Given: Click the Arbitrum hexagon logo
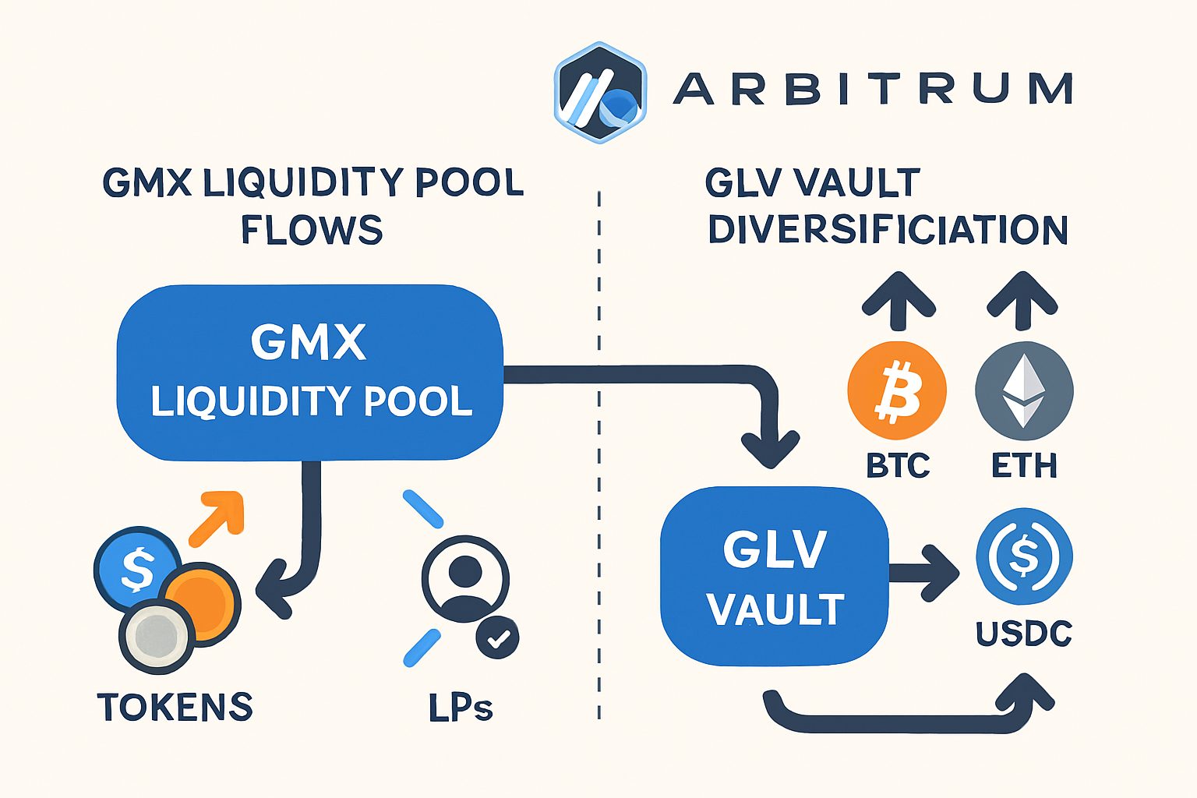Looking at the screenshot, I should click(x=600, y=92).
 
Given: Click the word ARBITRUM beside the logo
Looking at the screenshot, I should click(x=873, y=89).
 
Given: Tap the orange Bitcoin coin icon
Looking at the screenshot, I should click(x=897, y=390).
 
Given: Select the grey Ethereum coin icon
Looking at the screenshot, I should click(x=1024, y=390).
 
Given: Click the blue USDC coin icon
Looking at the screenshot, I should click(x=1024, y=556).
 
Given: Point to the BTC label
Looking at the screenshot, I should click(x=898, y=466).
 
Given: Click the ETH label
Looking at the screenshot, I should click(x=1024, y=466).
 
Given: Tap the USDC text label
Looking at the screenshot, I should click(x=1024, y=634).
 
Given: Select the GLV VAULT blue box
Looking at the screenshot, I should click(x=774, y=577).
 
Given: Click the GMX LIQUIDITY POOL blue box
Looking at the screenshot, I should click(x=310, y=373).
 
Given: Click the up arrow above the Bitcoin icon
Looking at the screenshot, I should click(x=899, y=300).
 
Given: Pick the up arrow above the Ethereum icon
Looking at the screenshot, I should click(x=1022, y=300).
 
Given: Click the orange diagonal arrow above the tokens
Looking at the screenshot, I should click(x=217, y=517).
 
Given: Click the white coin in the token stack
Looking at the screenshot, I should click(x=157, y=636).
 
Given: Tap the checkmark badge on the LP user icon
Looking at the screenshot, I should click(x=497, y=638).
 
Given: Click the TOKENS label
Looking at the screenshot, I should click(x=175, y=708).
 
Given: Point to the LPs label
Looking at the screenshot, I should click(x=461, y=708).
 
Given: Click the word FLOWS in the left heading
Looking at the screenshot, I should click(x=312, y=230).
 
